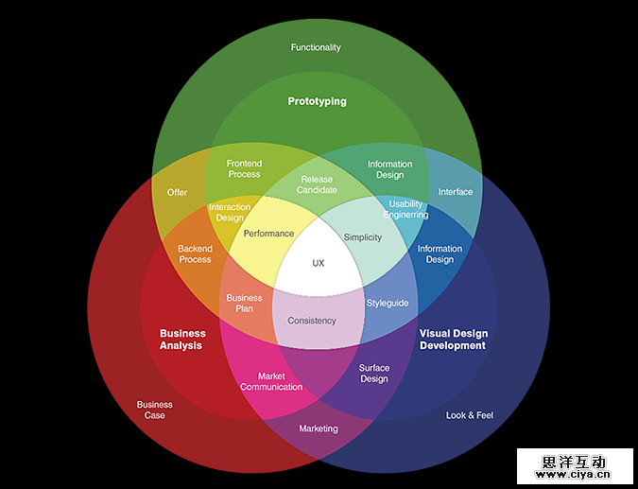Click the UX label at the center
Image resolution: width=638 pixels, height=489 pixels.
[x=318, y=263]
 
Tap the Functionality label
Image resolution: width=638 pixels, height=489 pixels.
[x=316, y=47]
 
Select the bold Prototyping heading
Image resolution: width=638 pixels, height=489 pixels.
[x=317, y=101]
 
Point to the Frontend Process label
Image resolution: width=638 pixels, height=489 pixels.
[x=244, y=169]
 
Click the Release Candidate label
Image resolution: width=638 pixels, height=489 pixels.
[x=317, y=184]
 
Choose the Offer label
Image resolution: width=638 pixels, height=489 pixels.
[x=177, y=193]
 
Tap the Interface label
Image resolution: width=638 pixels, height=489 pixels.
[x=456, y=192]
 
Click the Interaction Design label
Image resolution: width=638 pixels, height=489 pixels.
[x=230, y=213]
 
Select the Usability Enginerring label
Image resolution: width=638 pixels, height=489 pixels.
[x=406, y=209]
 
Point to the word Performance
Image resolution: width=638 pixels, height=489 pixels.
[x=268, y=234]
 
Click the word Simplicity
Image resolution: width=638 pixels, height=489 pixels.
[x=363, y=237]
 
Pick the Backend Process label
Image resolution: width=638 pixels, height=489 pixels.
[x=195, y=254]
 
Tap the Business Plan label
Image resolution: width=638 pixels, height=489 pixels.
[x=244, y=304]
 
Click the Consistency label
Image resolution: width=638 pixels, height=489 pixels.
[x=312, y=321]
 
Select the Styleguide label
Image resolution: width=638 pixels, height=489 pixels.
[x=387, y=304]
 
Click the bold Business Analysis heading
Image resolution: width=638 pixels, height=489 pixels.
[x=182, y=340]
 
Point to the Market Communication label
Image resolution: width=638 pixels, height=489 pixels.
[x=271, y=382]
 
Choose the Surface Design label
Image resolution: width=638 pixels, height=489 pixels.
[x=373, y=374]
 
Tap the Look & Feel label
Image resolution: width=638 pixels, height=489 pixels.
[x=470, y=415]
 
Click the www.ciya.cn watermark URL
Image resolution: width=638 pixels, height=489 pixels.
[x=575, y=476]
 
